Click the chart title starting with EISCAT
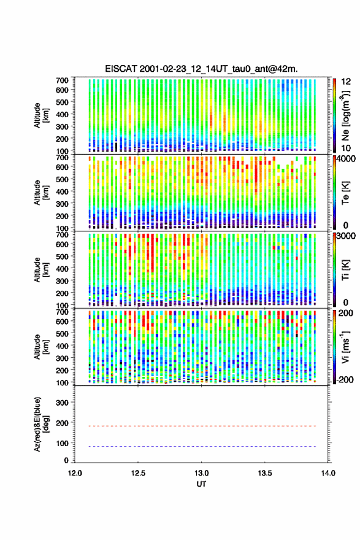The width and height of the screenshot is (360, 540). [201, 69]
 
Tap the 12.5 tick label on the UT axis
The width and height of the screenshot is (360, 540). [138, 473]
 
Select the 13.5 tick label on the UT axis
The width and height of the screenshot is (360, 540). [265, 473]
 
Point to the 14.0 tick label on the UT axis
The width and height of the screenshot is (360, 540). [328, 473]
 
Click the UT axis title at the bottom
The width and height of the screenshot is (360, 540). [201, 484]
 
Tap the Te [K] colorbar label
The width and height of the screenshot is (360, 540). [345, 193]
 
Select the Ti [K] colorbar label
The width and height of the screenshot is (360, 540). [345, 269]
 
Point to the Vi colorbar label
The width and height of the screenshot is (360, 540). [345, 347]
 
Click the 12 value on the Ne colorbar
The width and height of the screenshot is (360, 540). [346, 82]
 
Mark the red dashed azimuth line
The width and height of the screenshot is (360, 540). [202, 426]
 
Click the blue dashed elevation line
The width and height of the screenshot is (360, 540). [202, 446]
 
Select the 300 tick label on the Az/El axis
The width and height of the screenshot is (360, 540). [63, 403]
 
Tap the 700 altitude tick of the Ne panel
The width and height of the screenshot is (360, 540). [62, 80]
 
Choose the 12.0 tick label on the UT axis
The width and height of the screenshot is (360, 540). [75, 473]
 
